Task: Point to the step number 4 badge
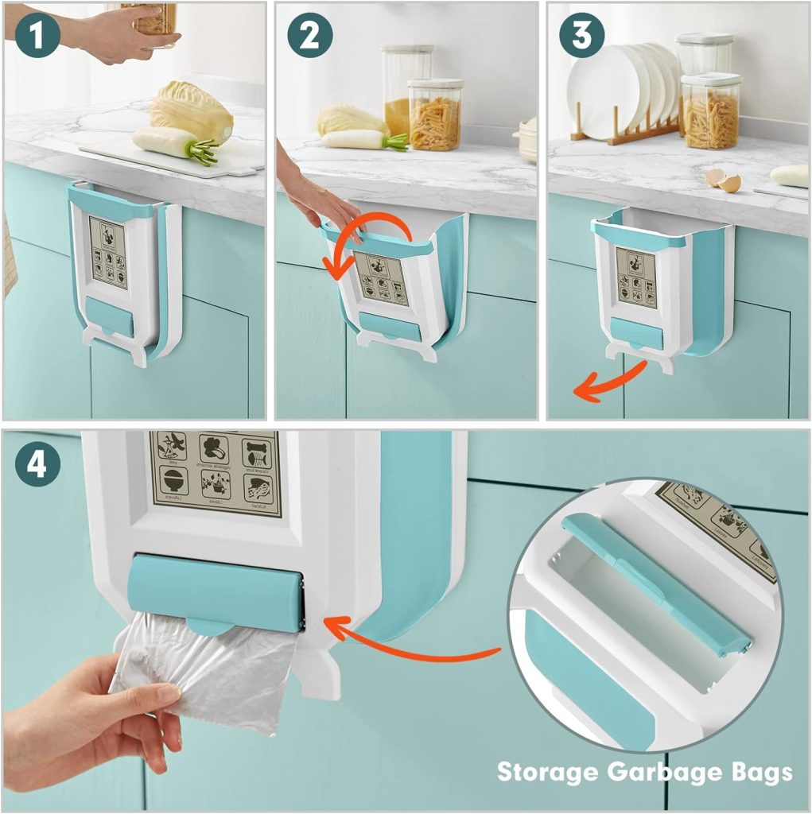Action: pos(37,465)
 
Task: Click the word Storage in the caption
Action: pos(550,771)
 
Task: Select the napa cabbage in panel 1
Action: pos(191,111)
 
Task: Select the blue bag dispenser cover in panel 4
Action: pos(215,592)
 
